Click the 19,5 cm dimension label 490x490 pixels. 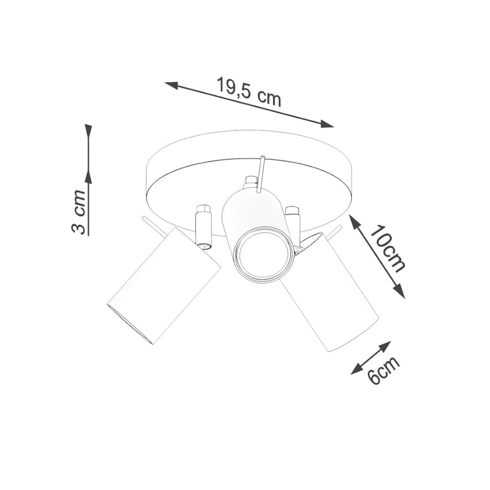click(x=249, y=92)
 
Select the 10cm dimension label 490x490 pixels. click(x=389, y=249)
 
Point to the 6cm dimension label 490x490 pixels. click(x=383, y=370)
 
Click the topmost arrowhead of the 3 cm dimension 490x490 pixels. click(x=88, y=131)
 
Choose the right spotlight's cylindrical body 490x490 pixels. click(x=334, y=294)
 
